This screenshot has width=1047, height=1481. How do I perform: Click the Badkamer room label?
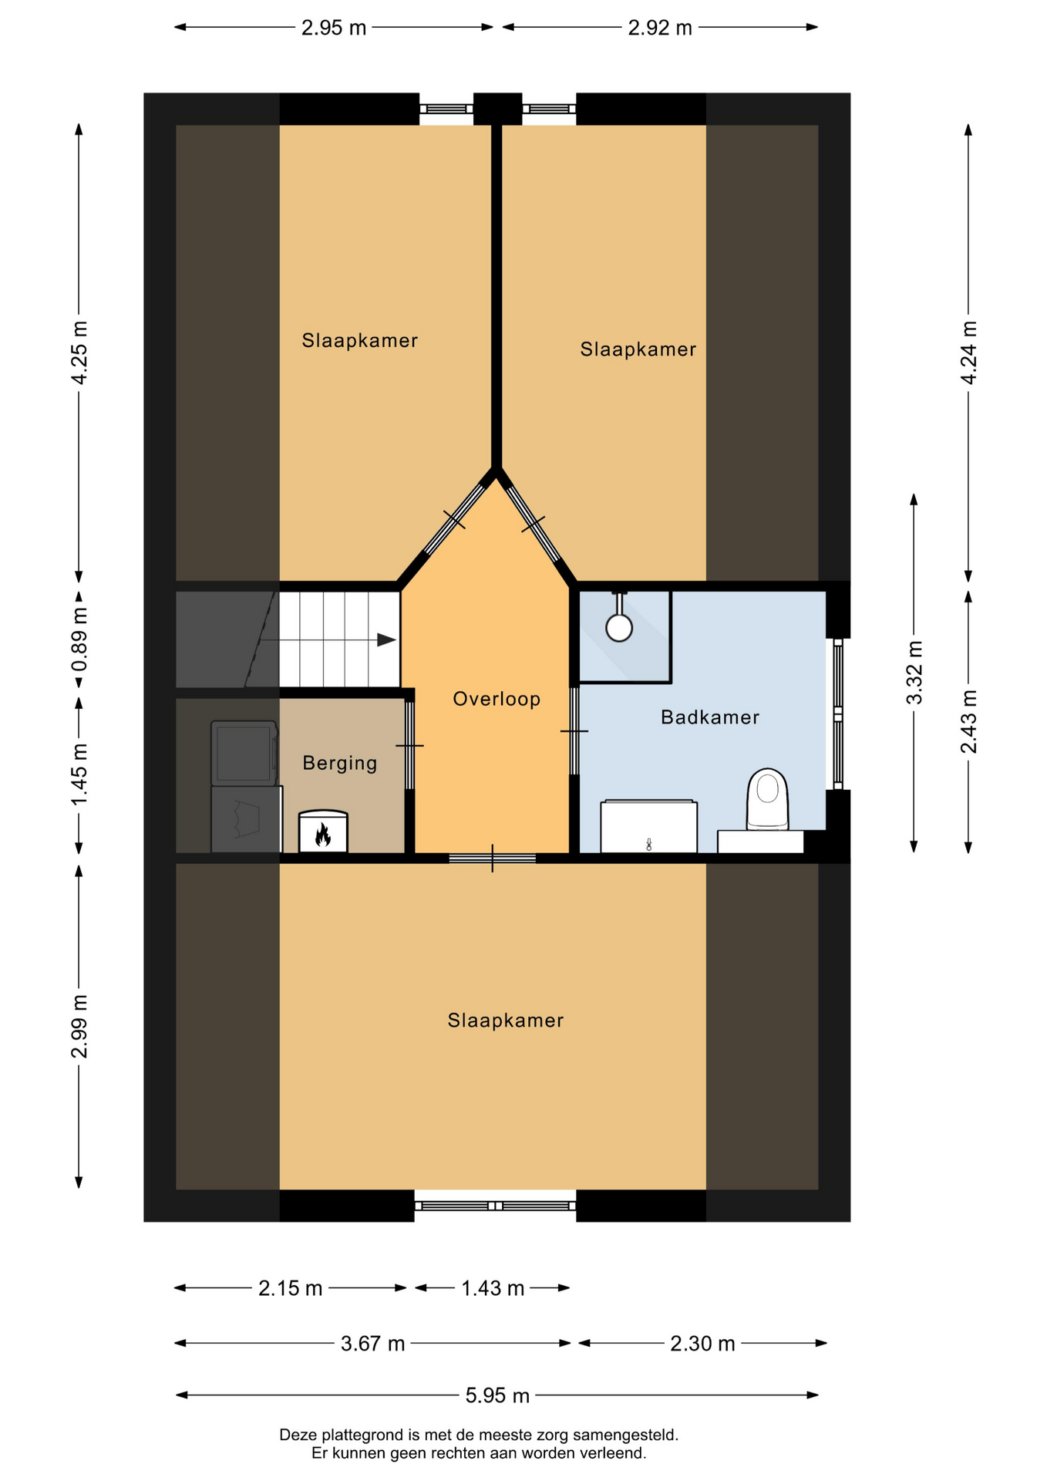(709, 717)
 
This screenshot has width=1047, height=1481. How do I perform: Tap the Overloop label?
(497, 699)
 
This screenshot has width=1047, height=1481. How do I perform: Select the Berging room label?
(340, 764)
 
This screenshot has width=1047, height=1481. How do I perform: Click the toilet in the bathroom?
(768, 799)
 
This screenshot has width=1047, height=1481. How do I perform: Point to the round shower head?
(619, 628)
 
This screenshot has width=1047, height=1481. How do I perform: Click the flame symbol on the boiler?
(323, 835)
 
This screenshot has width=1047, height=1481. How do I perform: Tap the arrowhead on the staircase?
(387, 640)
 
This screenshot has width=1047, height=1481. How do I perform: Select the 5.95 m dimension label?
(497, 1395)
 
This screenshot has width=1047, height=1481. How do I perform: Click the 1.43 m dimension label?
(493, 1288)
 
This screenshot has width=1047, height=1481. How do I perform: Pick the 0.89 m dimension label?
(79, 640)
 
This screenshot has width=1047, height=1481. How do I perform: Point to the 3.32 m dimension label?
(914, 673)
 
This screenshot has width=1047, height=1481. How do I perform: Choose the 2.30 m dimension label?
(702, 1344)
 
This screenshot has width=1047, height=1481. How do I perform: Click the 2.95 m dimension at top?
(334, 28)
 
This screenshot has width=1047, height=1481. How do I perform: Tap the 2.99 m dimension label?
(79, 1027)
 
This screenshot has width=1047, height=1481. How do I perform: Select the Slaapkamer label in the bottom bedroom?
(506, 1021)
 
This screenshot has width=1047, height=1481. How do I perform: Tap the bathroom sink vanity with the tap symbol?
(648, 827)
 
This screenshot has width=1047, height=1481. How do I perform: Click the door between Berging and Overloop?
(409, 745)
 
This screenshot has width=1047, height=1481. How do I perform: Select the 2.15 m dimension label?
(290, 1288)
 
